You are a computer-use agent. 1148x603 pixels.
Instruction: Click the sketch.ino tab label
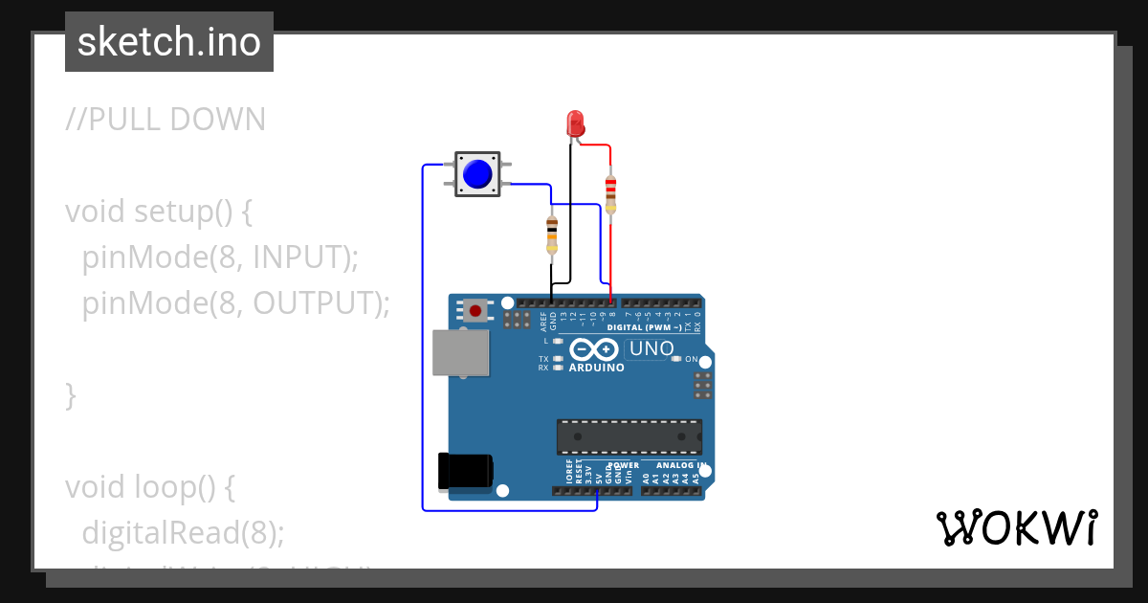click(x=169, y=42)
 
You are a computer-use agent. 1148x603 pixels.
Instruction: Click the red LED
click(x=575, y=123)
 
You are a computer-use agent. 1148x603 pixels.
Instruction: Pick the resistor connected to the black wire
click(x=552, y=234)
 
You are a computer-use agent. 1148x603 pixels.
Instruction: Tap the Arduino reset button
click(x=475, y=310)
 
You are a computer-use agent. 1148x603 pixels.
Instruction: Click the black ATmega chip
click(x=629, y=436)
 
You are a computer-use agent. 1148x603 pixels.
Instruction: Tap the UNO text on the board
click(x=651, y=349)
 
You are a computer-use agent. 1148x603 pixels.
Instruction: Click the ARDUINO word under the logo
click(x=596, y=368)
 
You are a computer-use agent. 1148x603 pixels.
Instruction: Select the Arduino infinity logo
click(x=596, y=349)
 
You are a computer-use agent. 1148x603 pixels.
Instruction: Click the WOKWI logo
click(x=1016, y=528)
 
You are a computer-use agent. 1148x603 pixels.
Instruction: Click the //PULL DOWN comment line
click(x=166, y=120)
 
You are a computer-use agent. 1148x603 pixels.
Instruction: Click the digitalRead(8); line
click(x=183, y=532)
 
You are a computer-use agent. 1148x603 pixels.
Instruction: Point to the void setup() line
click(x=159, y=211)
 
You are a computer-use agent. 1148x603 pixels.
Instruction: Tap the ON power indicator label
click(x=691, y=359)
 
